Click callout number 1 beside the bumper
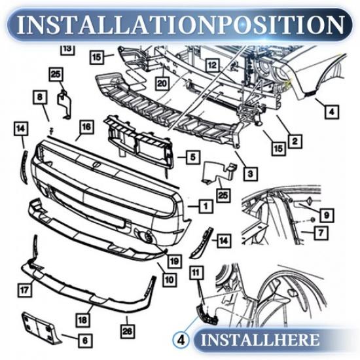206,206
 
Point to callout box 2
295,139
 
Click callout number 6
86,340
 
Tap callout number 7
321,232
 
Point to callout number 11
195,270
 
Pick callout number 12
211,65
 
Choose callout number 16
85,127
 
